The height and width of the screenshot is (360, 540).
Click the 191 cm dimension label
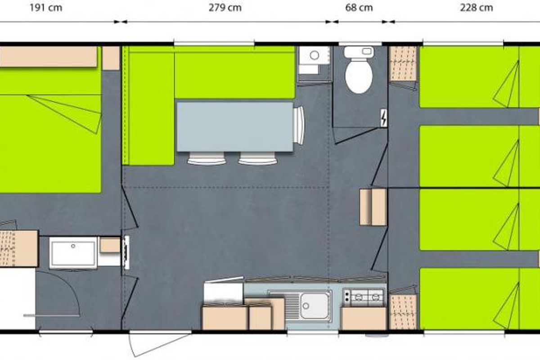point(46,8)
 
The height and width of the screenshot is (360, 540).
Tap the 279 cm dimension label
point(225,8)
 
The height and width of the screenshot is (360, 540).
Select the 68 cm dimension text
point(359,8)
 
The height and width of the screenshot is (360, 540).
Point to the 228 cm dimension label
point(477,8)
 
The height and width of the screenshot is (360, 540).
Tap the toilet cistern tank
point(359,52)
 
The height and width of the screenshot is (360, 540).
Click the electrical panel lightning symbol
point(384,118)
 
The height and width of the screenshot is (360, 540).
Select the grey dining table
point(235,127)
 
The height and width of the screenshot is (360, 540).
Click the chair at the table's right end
point(299,126)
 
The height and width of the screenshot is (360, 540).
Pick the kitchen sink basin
point(315,306)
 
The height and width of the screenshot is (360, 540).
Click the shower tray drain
point(73,246)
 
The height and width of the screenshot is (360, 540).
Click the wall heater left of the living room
point(126,252)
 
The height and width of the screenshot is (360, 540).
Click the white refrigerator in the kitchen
point(223,292)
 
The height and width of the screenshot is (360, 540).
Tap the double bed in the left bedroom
point(50,130)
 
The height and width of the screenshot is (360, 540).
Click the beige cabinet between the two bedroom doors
point(373,207)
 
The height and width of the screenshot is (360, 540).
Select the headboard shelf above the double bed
point(48,56)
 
